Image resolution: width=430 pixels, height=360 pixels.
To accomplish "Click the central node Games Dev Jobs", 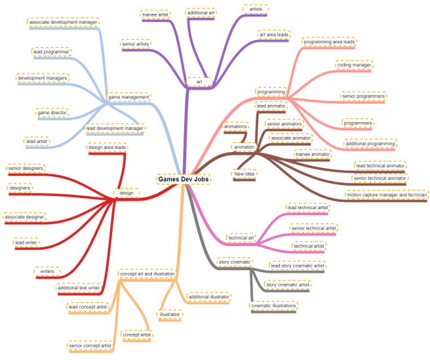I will pos(183,178).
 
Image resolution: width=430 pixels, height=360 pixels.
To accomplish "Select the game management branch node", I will pos(128,96).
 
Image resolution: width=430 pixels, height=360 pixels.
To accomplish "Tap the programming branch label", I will pos(271,92).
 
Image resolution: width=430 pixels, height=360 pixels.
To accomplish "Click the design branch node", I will pos(127,193).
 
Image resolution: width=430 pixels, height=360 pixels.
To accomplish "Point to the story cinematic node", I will pos(234,262).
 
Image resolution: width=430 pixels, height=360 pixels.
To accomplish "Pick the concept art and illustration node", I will pos(147,273).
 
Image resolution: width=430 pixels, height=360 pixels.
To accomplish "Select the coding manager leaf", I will pos(354,66).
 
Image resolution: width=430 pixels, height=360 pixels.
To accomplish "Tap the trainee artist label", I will pos(155,14).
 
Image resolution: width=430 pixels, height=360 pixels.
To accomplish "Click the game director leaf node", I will pos(52,113).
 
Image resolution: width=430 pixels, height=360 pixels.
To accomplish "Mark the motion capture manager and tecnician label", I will pos(387,195).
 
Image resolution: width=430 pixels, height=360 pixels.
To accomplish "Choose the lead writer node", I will pos(26,243).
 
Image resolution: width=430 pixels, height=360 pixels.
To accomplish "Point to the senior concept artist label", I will pos(89,345).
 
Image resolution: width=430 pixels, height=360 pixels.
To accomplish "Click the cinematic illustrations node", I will pos(274,306).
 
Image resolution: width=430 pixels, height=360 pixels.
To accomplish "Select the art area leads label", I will pos(273,35).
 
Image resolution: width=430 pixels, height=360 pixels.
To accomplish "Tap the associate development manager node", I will pos(64,22).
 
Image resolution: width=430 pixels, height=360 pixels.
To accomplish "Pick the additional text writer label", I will pos(79,287).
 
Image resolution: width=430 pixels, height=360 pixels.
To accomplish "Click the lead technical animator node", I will pos(380,166).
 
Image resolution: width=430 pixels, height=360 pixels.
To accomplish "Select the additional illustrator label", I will pos(208,297).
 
